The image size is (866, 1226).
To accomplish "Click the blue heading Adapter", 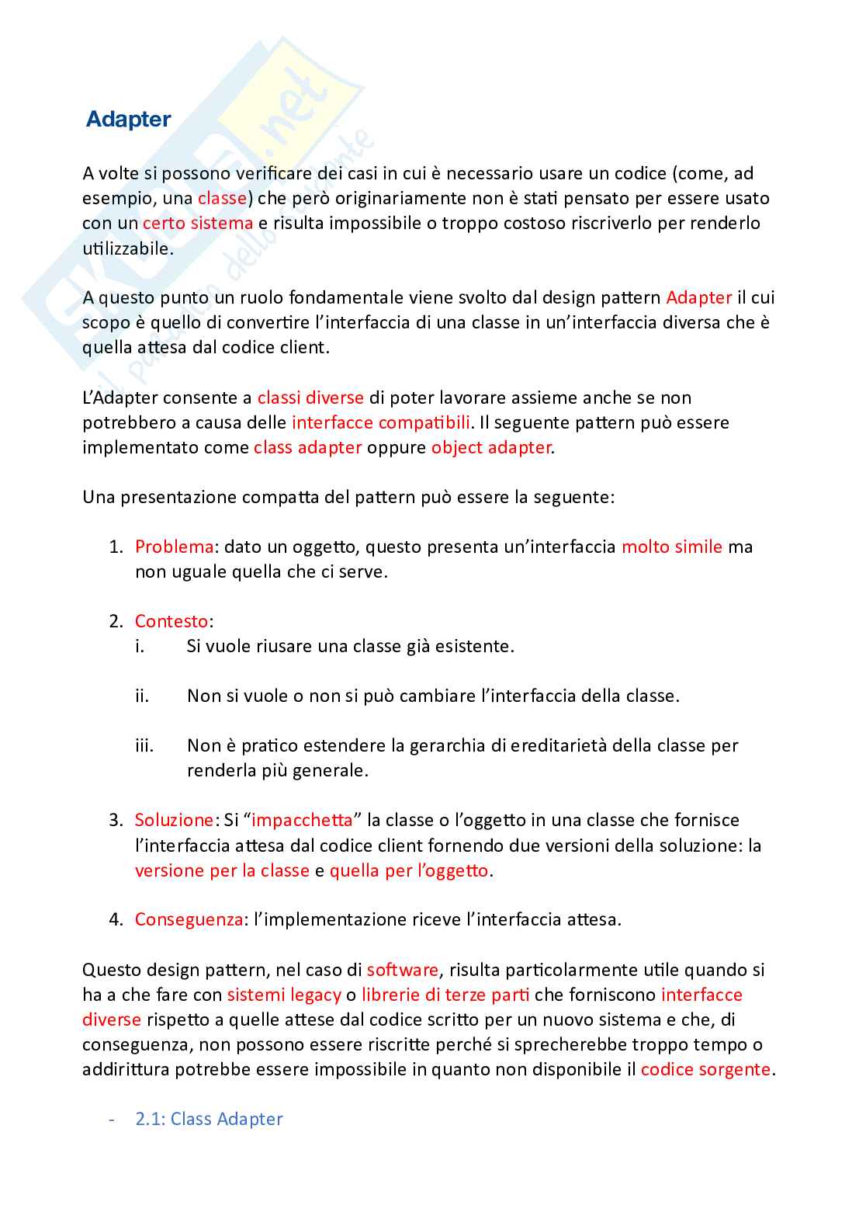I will click(x=128, y=120).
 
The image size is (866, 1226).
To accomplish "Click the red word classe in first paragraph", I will click(x=222, y=198).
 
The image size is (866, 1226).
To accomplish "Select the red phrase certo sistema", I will click(x=198, y=223).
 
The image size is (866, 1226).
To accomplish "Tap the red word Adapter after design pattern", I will click(x=698, y=297).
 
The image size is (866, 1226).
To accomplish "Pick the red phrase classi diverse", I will click(x=310, y=398).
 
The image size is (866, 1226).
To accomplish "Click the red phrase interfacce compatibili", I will click(x=381, y=422).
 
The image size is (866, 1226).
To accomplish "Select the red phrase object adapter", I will click(x=490, y=447).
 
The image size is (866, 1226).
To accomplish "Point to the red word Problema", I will click(x=174, y=547).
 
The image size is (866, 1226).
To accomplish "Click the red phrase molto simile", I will click(x=671, y=547).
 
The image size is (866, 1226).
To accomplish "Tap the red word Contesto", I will click(x=171, y=621).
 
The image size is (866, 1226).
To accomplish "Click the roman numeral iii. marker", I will click(x=144, y=746).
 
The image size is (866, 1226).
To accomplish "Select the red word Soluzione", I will click(x=174, y=820).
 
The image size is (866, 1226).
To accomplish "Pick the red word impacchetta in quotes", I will click(x=302, y=820).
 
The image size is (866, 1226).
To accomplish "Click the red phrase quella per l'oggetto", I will click(x=409, y=870).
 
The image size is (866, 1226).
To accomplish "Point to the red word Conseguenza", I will click(x=189, y=919).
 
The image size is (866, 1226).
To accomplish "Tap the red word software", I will click(x=402, y=970).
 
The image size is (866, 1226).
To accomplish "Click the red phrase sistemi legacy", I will click(x=284, y=995).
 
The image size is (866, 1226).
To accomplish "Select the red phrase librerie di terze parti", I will click(x=445, y=995).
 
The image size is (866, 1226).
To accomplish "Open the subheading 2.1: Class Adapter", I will click(x=209, y=1119).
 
